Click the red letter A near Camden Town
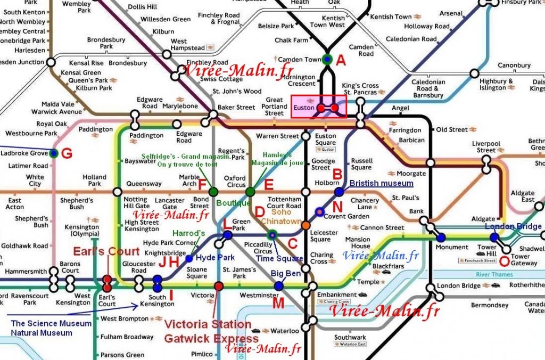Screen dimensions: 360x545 point(341,60)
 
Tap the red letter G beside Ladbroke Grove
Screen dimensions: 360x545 point(67,154)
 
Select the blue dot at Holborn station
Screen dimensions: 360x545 point(339,191)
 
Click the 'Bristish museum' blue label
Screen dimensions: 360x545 point(381,183)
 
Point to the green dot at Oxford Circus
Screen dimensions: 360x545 point(250,191)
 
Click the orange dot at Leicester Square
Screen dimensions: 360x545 point(306,225)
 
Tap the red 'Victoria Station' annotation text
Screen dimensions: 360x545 point(207,324)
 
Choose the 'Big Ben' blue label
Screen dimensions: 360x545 point(285,273)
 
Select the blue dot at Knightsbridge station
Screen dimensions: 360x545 point(189,258)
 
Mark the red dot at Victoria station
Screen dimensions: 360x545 point(218,287)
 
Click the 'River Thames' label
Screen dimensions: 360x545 point(494,275)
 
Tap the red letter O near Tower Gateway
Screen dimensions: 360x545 point(503,261)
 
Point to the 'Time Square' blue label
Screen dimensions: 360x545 point(279,258)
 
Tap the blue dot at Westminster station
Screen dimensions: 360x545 point(278,286)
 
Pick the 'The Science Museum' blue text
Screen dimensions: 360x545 point(51,323)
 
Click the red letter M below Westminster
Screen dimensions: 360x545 point(278,304)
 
